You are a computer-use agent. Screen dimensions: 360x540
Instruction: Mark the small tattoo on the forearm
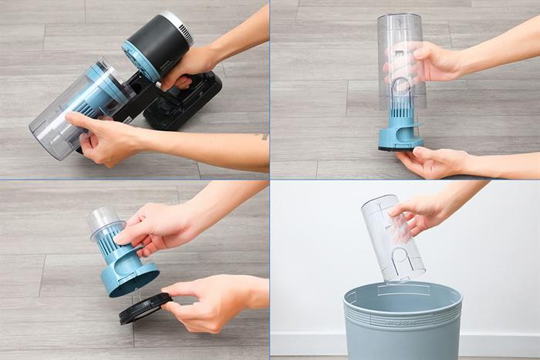pos(263,136)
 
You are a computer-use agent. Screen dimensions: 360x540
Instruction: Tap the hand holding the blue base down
pos(432,161)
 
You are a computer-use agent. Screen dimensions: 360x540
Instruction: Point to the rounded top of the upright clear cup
pos(400,21)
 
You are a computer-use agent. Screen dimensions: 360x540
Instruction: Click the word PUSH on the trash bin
pos(403,325)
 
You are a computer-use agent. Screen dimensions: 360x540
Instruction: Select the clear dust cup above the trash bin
pos(393,239)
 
